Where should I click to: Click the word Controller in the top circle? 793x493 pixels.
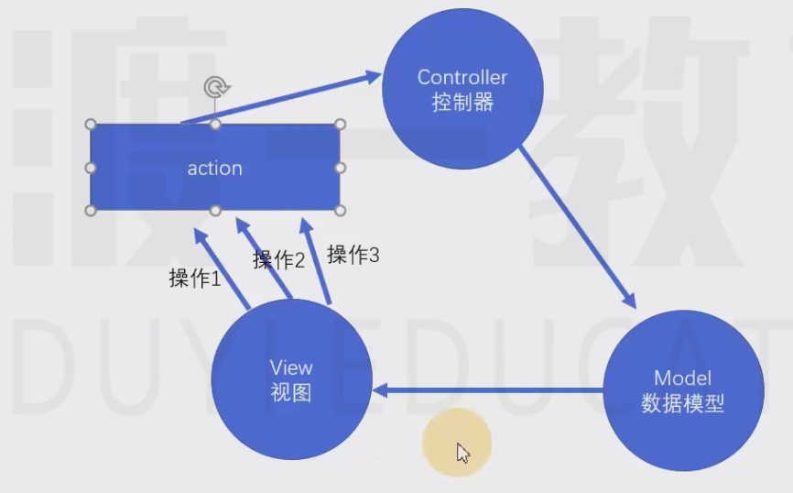(462, 77)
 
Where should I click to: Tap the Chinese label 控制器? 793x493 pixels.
(462, 102)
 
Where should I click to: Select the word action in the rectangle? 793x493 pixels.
(214, 168)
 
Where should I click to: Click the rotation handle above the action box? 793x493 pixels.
(215, 88)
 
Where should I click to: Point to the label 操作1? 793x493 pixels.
(195, 279)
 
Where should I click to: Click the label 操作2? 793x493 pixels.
(278, 259)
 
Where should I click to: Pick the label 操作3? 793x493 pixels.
(353, 255)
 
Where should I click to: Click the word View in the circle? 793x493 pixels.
(291, 367)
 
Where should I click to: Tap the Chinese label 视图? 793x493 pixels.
(291, 392)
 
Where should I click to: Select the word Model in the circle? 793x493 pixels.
(682, 378)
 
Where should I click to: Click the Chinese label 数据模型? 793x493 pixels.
(682, 402)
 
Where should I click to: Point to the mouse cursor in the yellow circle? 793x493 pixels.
(462, 451)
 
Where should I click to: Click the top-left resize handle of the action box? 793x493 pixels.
(91, 125)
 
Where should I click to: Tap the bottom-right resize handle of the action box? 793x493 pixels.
(340, 211)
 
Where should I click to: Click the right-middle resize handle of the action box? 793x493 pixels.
(340, 168)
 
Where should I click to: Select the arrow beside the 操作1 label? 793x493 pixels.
(222, 268)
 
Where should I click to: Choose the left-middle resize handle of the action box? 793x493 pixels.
(91, 168)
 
